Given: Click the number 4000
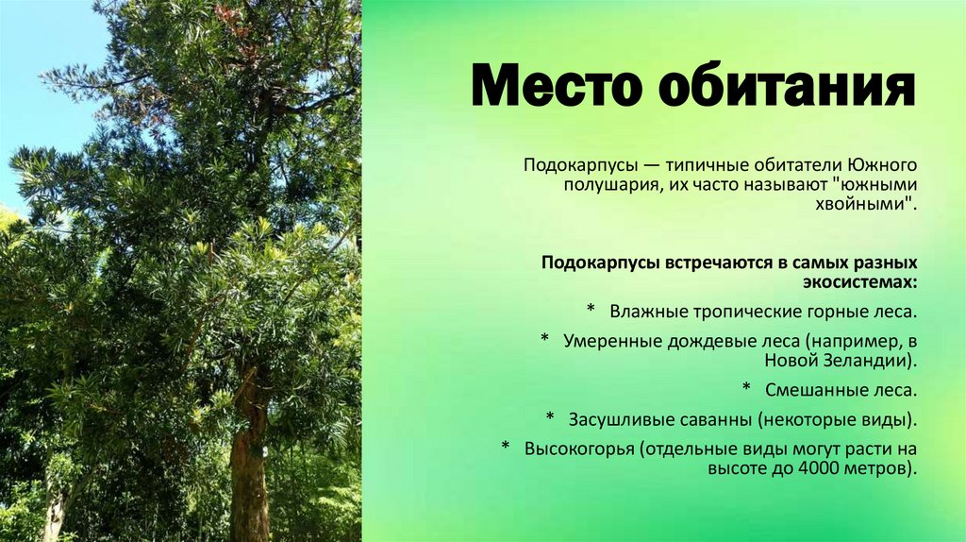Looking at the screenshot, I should point(800,469).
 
